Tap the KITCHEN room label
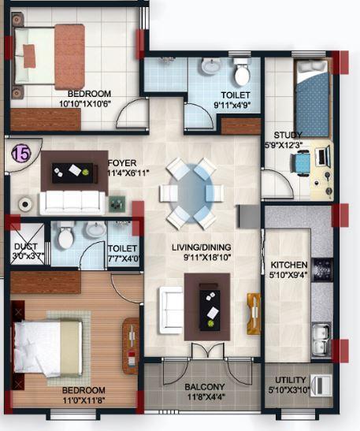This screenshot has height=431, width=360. tap(284, 265)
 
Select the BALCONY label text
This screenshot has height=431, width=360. tap(205, 387)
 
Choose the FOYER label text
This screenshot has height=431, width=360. tap(122, 164)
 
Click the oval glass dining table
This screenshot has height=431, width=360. tap(187, 192)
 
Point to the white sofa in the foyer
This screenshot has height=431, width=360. tap(72, 202)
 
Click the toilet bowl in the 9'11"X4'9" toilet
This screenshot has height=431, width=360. tap(241, 74)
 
